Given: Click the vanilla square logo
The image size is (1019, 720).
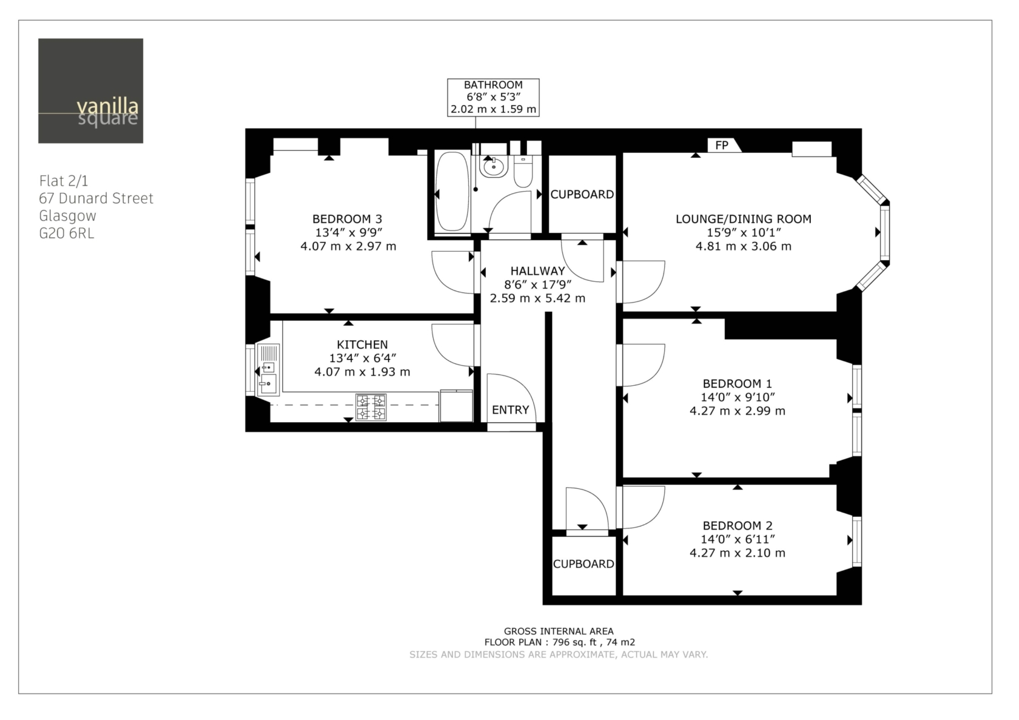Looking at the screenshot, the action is pos(90,90).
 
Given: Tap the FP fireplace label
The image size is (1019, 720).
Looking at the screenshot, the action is pos(722,145).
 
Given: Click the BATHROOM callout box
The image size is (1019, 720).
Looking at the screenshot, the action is pos(493,97).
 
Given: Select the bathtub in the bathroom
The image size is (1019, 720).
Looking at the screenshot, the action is pos(452,192).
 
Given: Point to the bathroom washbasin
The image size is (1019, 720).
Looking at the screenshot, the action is pos(494,166).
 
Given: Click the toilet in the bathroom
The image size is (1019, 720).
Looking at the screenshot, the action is pos(523,170).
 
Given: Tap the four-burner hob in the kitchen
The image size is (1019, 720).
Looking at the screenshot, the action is pos(371,406).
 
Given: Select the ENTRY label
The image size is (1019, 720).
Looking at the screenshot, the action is pos(511,410).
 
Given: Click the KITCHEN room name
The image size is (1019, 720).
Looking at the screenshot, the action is pos(362,345).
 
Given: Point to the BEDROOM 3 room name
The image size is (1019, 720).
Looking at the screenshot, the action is pos(347,219).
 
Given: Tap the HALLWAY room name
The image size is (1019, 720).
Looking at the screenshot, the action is pos(537,271).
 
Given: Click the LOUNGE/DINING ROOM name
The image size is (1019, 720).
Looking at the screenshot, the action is pos(744,219).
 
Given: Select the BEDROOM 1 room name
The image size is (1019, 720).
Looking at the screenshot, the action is pos(738,383).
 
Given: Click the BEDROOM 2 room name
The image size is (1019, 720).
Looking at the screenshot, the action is pos(738,525).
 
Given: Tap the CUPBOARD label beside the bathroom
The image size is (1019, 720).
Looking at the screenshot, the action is pos(582,194).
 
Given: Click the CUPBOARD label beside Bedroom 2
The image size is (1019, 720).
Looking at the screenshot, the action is pos(583,564).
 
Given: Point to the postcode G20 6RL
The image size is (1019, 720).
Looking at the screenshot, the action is pos(67,234).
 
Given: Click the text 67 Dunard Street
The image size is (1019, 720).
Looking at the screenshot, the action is pos(96,198).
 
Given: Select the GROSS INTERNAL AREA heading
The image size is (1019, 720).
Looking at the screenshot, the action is pos(559,631).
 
